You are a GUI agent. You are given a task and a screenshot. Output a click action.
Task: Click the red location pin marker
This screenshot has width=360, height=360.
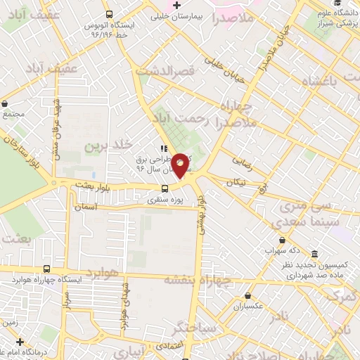tap(181, 165)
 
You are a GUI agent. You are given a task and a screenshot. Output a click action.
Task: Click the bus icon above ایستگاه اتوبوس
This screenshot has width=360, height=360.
tap(109, 14)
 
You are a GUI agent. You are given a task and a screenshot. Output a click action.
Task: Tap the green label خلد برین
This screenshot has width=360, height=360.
tap(109, 146)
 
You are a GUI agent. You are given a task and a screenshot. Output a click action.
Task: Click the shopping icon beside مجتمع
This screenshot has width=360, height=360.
tap(6, 103)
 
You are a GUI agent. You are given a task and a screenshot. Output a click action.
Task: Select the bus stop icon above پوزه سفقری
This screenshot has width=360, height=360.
tap(165, 188)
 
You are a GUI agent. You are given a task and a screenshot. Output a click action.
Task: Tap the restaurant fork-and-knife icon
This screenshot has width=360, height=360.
tap(164, 148)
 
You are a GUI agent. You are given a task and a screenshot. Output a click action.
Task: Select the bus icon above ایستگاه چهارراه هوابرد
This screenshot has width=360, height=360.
tap(46, 269)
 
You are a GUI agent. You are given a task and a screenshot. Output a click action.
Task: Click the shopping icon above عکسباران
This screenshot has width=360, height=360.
tap(247, 296)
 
